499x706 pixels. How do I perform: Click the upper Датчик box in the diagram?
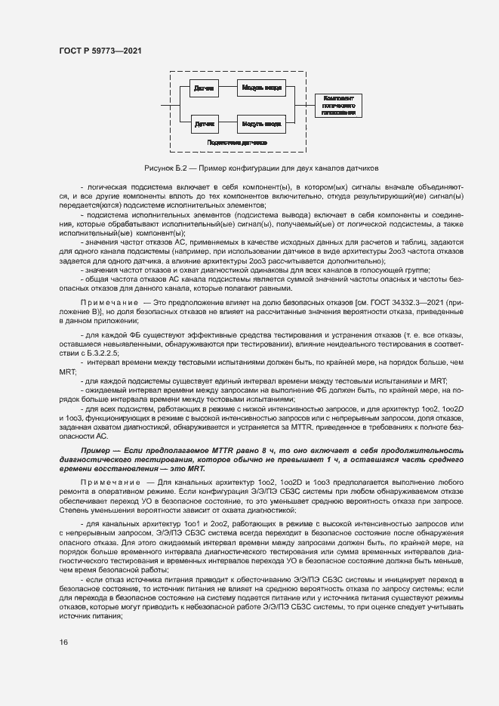tap(204, 88)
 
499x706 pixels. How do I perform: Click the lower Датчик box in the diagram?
tap(204, 122)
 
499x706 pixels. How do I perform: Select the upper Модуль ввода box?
tap(261, 88)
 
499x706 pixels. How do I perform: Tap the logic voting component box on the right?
tap(338, 105)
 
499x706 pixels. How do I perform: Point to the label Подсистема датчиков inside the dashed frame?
tap(238, 141)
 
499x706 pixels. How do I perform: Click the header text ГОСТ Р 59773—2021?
tap(100, 50)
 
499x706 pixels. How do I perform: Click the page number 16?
tap(63, 643)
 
